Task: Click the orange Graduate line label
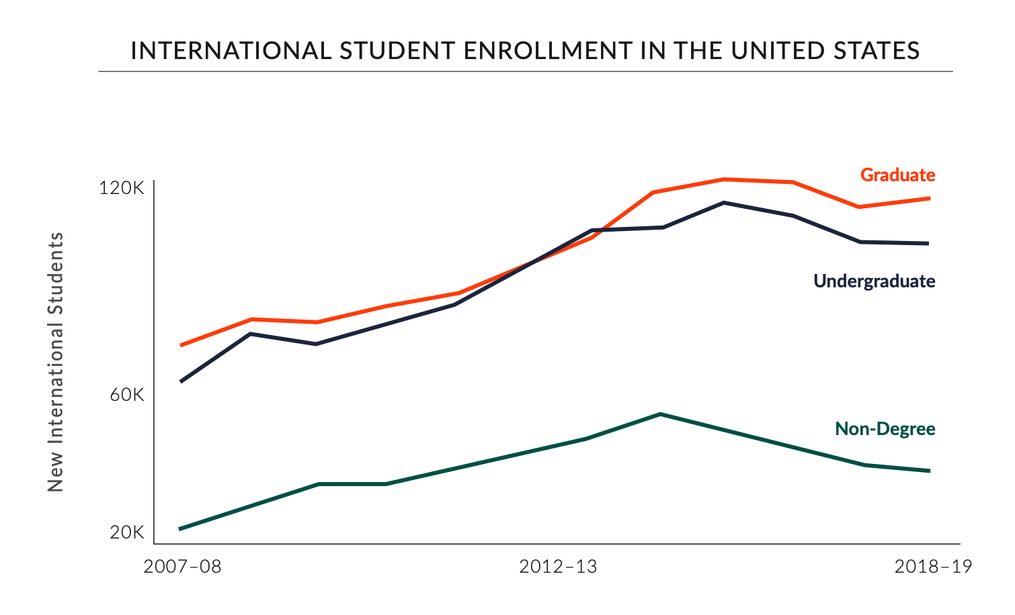[x=897, y=175]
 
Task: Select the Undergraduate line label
[x=874, y=281]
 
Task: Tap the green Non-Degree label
[x=885, y=429]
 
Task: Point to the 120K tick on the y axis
[x=122, y=189]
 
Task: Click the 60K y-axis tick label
[x=127, y=395]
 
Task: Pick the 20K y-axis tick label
[x=127, y=532]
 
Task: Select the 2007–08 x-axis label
[x=183, y=567]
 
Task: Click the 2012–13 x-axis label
[x=558, y=567]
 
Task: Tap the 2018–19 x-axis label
[x=933, y=567]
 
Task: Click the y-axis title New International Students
[x=56, y=362]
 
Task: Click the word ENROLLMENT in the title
[x=509, y=51]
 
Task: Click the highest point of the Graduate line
[x=724, y=179]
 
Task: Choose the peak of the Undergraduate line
[x=724, y=202]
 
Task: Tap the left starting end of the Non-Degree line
[x=180, y=529]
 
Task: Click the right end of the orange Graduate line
[x=929, y=198]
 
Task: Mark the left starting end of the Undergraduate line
[x=180, y=381]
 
